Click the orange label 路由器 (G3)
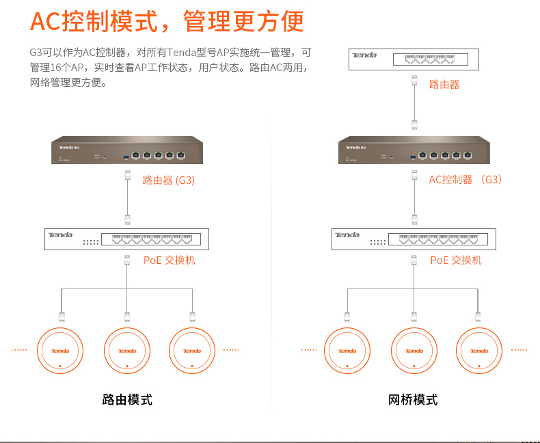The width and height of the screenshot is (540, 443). pyautogui.click(x=168, y=180)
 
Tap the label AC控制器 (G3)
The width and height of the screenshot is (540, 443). pyautogui.click(x=465, y=180)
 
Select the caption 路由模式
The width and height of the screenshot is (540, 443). pyautogui.click(x=127, y=400)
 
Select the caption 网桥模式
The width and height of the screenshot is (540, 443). pyautogui.click(x=413, y=400)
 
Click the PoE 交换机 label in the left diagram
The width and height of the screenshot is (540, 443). pyautogui.click(x=169, y=260)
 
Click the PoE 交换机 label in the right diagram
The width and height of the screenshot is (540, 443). pyautogui.click(x=456, y=260)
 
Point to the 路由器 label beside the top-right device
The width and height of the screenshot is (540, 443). pyautogui.click(x=444, y=85)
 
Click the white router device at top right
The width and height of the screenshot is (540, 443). pyautogui.click(x=414, y=59)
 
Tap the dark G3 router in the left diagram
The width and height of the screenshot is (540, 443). pyautogui.click(x=127, y=150)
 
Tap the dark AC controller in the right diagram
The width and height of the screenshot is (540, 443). pyautogui.click(x=414, y=150)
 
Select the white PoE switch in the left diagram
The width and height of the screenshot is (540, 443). pyautogui.click(x=127, y=239)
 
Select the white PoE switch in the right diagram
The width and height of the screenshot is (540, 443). pyautogui.click(x=414, y=239)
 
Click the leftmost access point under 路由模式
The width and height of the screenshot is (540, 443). pyautogui.click(x=60, y=351)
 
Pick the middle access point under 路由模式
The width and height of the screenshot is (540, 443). pyautogui.click(x=127, y=351)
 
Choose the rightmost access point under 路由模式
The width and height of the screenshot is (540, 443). pyautogui.click(x=192, y=351)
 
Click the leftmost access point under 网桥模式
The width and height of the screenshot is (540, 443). pyautogui.click(x=347, y=351)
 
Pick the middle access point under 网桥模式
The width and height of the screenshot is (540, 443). pyautogui.click(x=414, y=351)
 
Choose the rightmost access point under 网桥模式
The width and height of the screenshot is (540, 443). pyautogui.click(x=479, y=351)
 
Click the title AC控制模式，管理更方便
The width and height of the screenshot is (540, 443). pyautogui.click(x=167, y=21)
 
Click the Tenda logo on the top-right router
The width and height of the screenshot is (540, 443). pyautogui.click(x=364, y=55)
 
